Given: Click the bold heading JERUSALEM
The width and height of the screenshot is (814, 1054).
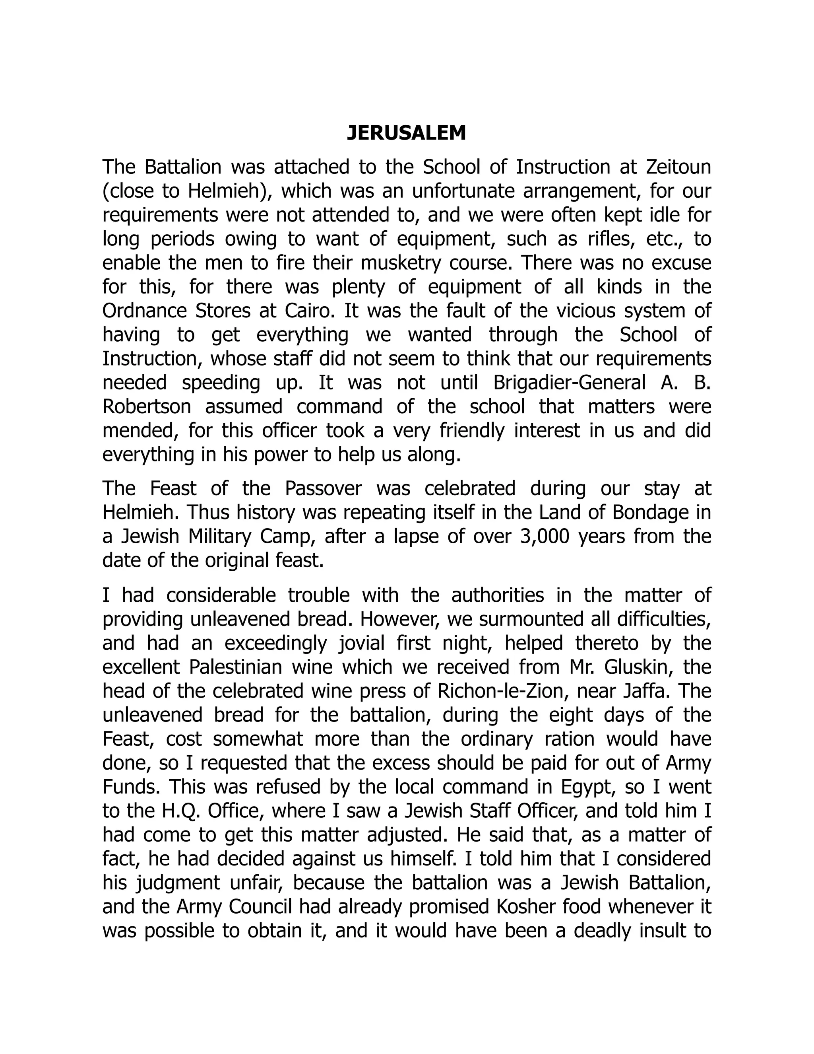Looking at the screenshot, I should pos(407,133).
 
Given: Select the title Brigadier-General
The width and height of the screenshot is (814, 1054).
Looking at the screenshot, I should pos(569,383).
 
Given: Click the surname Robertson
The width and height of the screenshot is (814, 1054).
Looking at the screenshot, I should pos(147,407).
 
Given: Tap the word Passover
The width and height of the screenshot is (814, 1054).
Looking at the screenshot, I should pos(323,488).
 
